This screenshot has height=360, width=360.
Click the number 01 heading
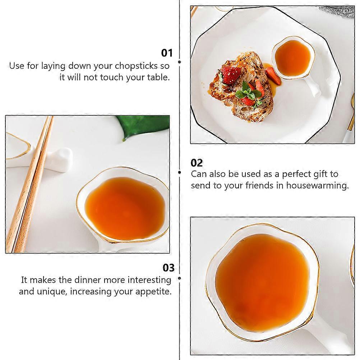[x=167, y=53]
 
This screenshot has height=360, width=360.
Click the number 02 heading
[x=197, y=163]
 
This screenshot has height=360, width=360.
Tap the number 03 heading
[x=169, y=268]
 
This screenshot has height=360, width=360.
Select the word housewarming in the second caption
[x=317, y=185]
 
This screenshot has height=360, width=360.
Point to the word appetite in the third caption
[x=153, y=292]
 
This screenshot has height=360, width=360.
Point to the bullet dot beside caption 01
[x=179, y=62]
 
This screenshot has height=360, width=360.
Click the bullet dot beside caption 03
[x=179, y=278]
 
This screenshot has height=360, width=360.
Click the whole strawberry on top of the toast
[x=230, y=75]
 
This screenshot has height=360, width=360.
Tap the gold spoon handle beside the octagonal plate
[x=351, y=112]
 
